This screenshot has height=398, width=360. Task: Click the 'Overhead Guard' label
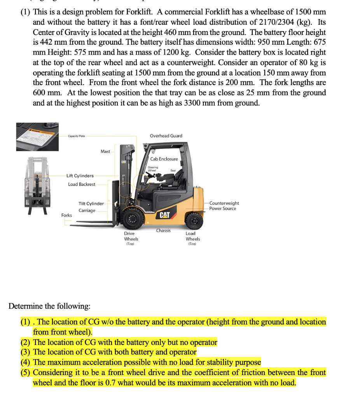(166, 136)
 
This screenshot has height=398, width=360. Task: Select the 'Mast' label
(105, 152)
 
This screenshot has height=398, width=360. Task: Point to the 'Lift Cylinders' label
(80, 176)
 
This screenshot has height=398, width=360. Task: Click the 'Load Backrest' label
(81, 184)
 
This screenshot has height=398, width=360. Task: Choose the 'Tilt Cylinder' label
(91, 204)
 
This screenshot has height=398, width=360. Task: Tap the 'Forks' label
(66, 215)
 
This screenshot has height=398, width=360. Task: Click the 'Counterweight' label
(224, 203)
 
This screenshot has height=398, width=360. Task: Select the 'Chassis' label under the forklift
(163, 230)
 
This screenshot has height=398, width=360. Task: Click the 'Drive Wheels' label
(131, 236)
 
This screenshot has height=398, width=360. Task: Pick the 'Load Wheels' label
(193, 236)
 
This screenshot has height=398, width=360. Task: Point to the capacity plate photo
(37, 136)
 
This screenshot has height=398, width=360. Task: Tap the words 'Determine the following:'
(49, 306)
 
